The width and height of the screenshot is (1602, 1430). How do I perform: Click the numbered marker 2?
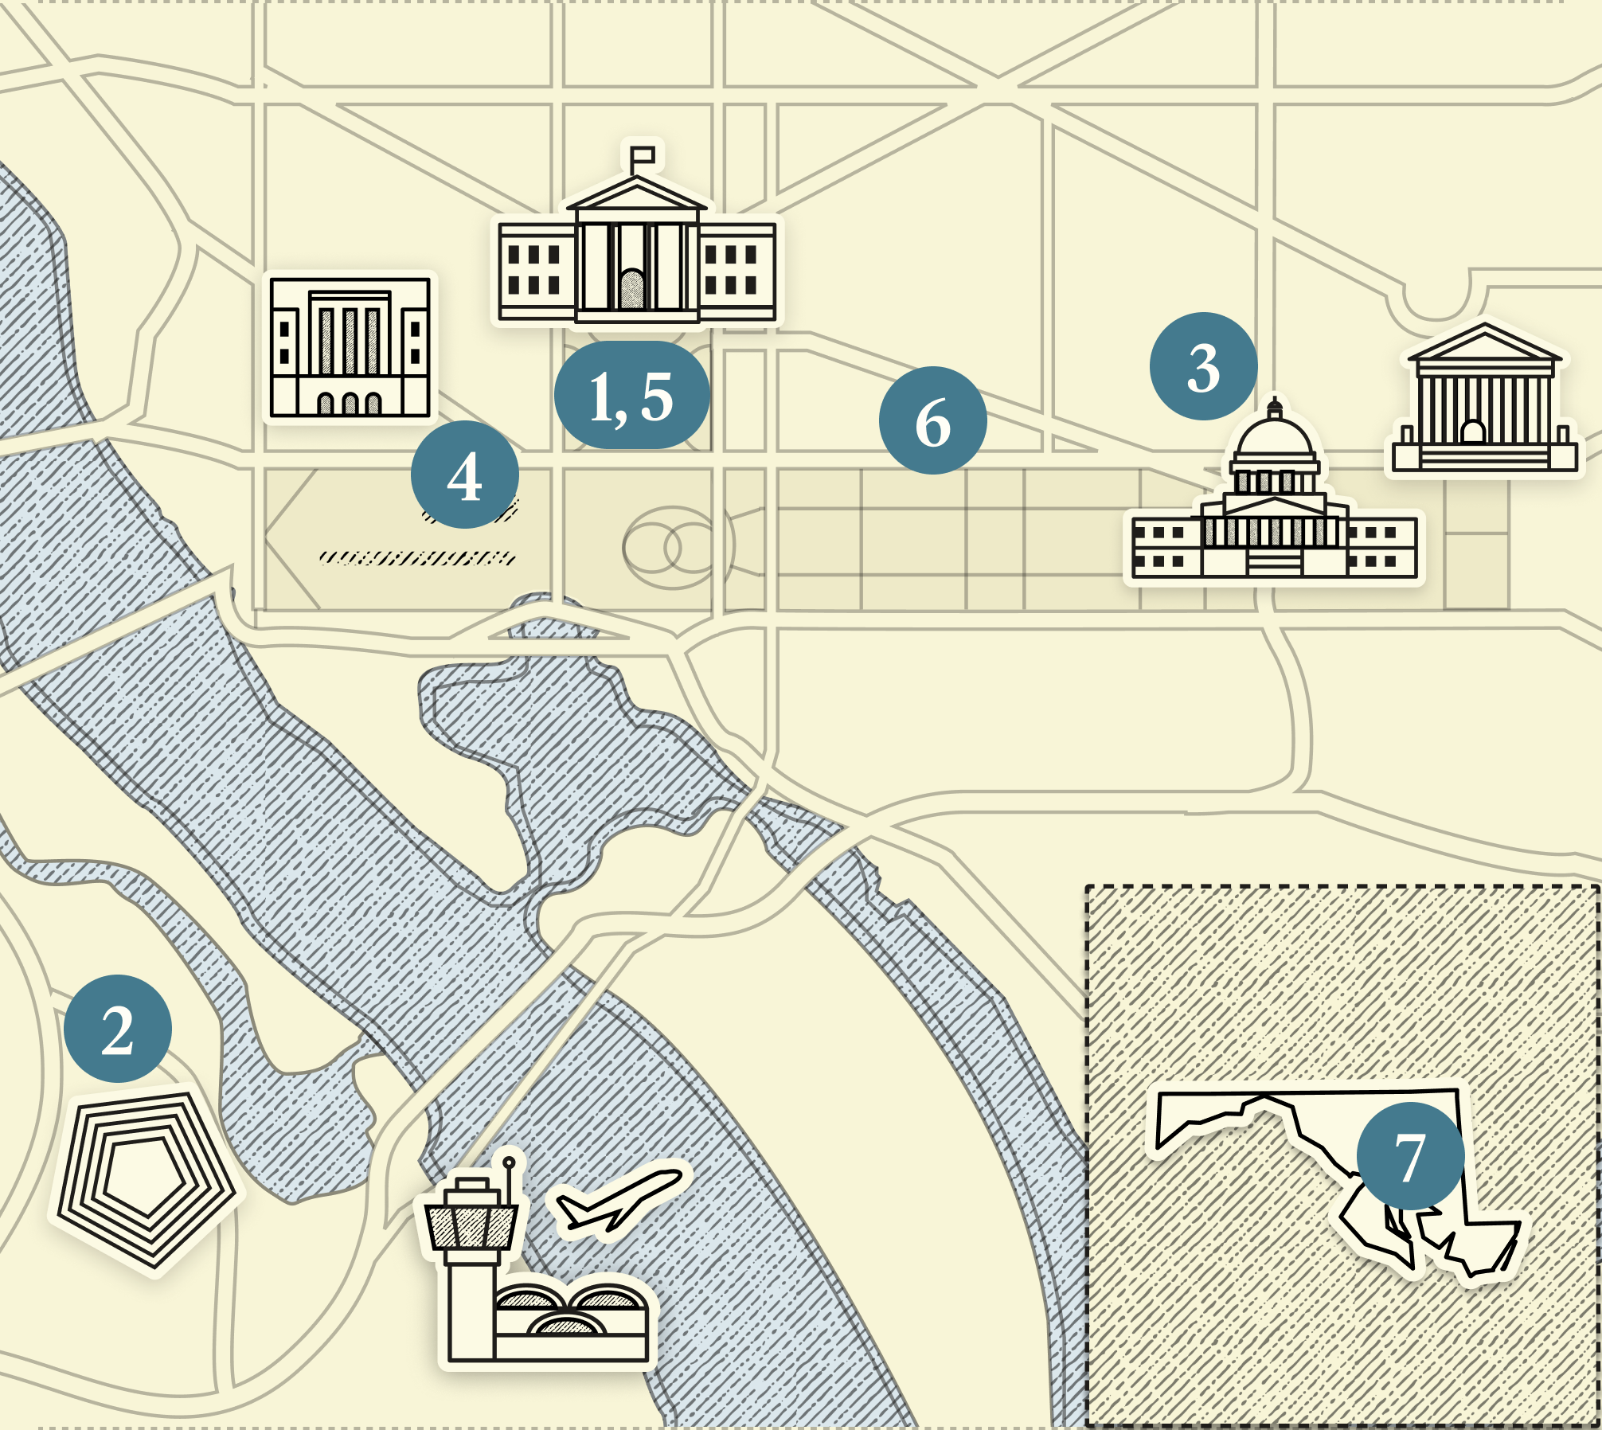coord(118,1029)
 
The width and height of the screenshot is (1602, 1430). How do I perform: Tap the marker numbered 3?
coord(1203,366)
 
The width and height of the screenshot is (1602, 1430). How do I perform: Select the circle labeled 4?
coord(465,475)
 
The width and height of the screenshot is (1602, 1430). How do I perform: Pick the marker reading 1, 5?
coord(631,395)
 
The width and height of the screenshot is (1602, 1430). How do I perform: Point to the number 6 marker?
coord(932,420)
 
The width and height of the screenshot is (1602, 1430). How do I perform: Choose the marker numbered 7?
coord(1410,1156)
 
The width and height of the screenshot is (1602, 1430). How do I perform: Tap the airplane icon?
coord(617,1199)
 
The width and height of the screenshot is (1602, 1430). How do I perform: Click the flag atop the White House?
coord(643,154)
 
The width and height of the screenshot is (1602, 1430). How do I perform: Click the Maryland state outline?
coord(1306,1131)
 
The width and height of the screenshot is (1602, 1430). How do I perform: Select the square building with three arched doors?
coord(350,347)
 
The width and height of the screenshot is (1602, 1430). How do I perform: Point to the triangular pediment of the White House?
coord(636,194)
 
